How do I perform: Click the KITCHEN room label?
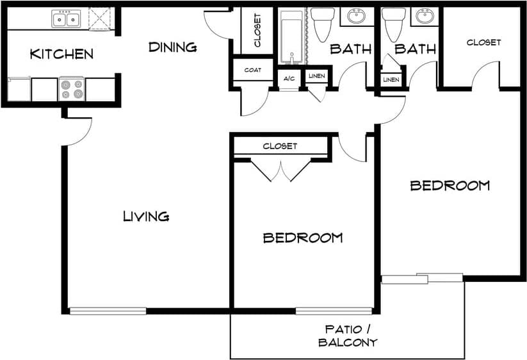coord(61,54)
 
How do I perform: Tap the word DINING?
coord(172,47)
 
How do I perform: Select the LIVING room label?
coord(146,217)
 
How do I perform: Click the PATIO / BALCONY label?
coord(348,336)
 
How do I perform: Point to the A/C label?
coord(289,77)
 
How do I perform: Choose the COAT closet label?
coord(252,70)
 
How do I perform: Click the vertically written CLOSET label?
coord(257,31)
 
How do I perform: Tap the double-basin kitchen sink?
coord(66,19)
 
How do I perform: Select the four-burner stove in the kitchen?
coord(72,89)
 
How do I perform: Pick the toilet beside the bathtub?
coord(323,23)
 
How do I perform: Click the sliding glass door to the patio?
coord(421,279)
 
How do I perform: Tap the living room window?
coord(108,311)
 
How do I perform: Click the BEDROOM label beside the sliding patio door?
coord(450,186)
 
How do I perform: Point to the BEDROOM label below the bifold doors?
coord(303,238)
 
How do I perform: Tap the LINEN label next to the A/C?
coord(316,77)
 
